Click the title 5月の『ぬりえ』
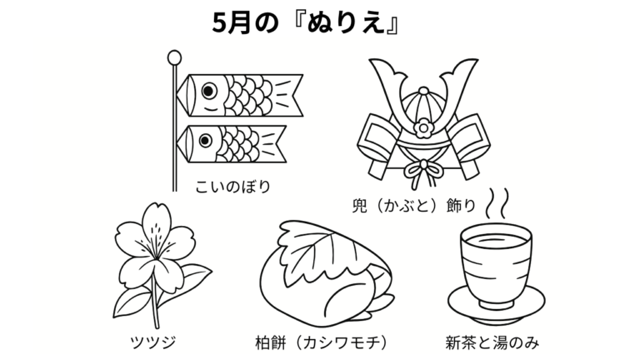click(306, 23)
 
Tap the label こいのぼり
click(233, 187)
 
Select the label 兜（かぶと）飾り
click(414, 206)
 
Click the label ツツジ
click(153, 342)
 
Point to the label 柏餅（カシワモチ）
click(321, 342)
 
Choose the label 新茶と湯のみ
click(492, 342)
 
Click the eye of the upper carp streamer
click(208, 91)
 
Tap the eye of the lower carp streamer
click(205, 141)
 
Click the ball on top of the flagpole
click(174, 57)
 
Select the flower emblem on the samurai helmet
click(423, 128)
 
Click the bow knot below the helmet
click(423, 171)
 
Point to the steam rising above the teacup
click(497, 202)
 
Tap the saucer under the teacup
click(497, 305)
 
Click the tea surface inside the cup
click(496, 240)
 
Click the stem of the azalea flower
click(155, 300)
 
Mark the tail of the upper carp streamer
click(288, 95)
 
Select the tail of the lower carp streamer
click(272, 143)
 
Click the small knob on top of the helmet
click(423, 91)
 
